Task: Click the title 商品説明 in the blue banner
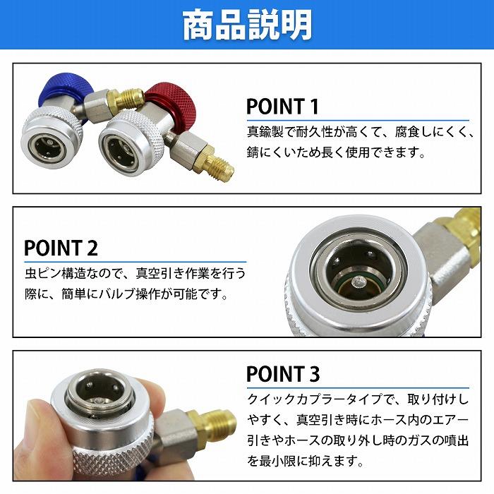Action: pyautogui.click(x=246, y=26)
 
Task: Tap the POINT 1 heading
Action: pyautogui.click(x=282, y=107)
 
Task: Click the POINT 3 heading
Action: pyautogui.click(x=283, y=373)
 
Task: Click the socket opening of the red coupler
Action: pyautogui.click(x=120, y=149)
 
